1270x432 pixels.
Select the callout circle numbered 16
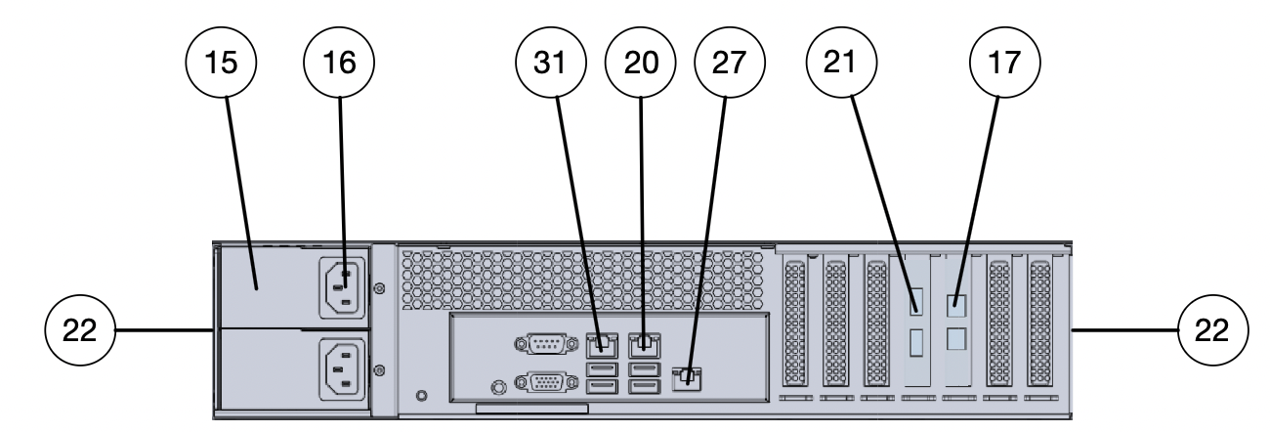[341, 64]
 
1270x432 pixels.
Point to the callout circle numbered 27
[729, 64]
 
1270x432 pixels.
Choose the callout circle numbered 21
[841, 64]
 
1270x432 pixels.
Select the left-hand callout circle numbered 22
[81, 331]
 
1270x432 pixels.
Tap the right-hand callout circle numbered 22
[1212, 331]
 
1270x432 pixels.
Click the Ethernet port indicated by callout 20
[643, 343]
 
